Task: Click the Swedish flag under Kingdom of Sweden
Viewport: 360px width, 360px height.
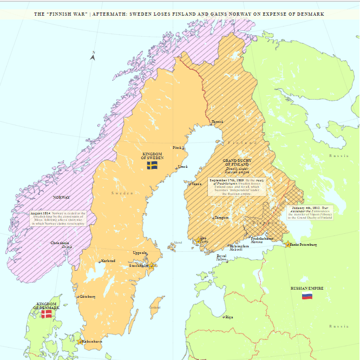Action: point(153,164)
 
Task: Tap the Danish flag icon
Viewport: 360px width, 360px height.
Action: point(47,313)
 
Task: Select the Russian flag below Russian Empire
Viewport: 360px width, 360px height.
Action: point(307,296)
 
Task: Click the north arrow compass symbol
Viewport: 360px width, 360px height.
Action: point(93,55)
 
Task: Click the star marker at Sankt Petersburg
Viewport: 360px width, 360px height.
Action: point(287,245)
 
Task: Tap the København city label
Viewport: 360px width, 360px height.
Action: point(91,342)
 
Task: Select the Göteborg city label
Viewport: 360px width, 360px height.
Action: point(87,296)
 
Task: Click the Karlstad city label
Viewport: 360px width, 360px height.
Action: point(108,261)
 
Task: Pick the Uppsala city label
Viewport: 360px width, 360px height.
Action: point(139,253)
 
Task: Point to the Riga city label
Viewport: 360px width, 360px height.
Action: point(229,317)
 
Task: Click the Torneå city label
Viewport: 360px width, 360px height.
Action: point(217,122)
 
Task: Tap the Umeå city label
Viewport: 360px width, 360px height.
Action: point(183,166)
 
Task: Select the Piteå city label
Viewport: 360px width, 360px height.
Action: point(176,147)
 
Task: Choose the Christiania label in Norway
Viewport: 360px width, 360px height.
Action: point(60,243)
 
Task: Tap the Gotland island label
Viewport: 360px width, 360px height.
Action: point(155,307)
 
